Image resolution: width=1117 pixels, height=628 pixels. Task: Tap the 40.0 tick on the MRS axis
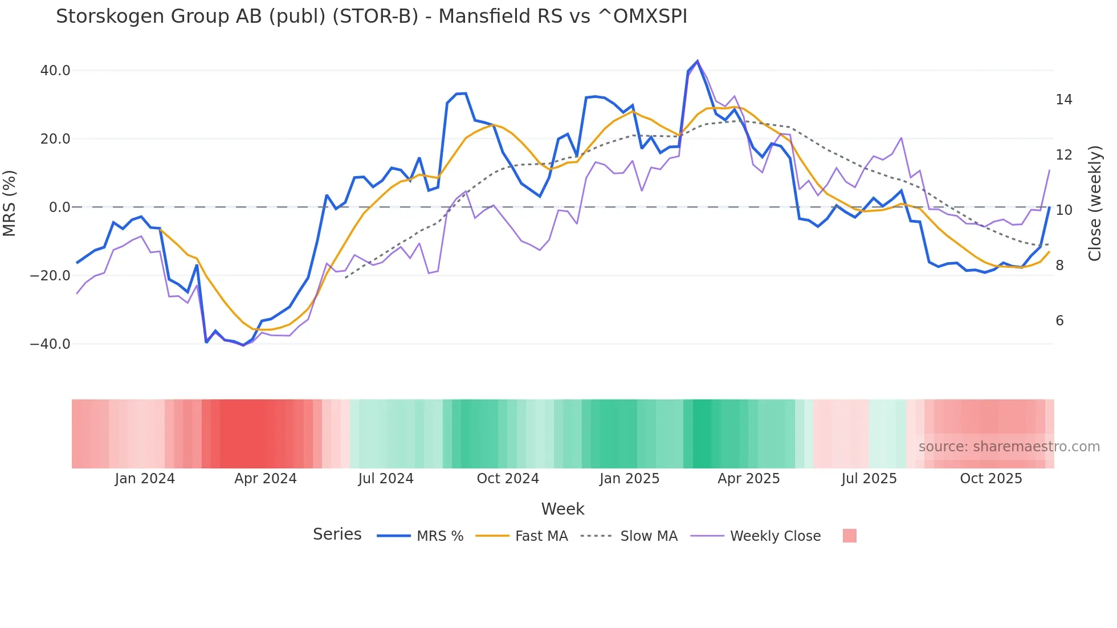point(55,71)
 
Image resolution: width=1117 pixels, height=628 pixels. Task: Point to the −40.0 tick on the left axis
point(50,344)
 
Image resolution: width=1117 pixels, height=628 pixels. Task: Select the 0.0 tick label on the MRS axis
point(60,207)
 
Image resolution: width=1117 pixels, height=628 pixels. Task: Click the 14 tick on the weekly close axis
point(1063,100)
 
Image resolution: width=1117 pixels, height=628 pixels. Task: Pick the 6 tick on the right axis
point(1059,321)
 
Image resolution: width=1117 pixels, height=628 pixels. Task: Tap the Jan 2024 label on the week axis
point(145,479)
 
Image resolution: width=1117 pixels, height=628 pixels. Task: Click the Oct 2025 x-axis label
point(991,479)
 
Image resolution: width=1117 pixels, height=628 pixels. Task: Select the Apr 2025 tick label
point(748,479)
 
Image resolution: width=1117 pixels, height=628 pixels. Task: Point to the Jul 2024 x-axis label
point(386,479)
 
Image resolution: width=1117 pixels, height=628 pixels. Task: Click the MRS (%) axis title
point(10,203)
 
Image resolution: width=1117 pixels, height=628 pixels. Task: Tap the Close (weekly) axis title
point(1095,203)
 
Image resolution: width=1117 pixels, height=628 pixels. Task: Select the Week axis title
point(562,509)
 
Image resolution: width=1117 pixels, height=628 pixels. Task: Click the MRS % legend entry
point(439,536)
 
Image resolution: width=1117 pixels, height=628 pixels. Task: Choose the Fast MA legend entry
point(541,536)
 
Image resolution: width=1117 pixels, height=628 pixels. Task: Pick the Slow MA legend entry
point(649,536)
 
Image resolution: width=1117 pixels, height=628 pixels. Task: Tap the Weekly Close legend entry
point(775,536)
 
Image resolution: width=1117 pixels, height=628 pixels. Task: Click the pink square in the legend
point(849,536)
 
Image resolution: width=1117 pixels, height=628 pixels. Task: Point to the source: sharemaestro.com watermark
point(1009,447)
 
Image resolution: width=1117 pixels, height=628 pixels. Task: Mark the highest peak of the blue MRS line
point(698,61)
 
